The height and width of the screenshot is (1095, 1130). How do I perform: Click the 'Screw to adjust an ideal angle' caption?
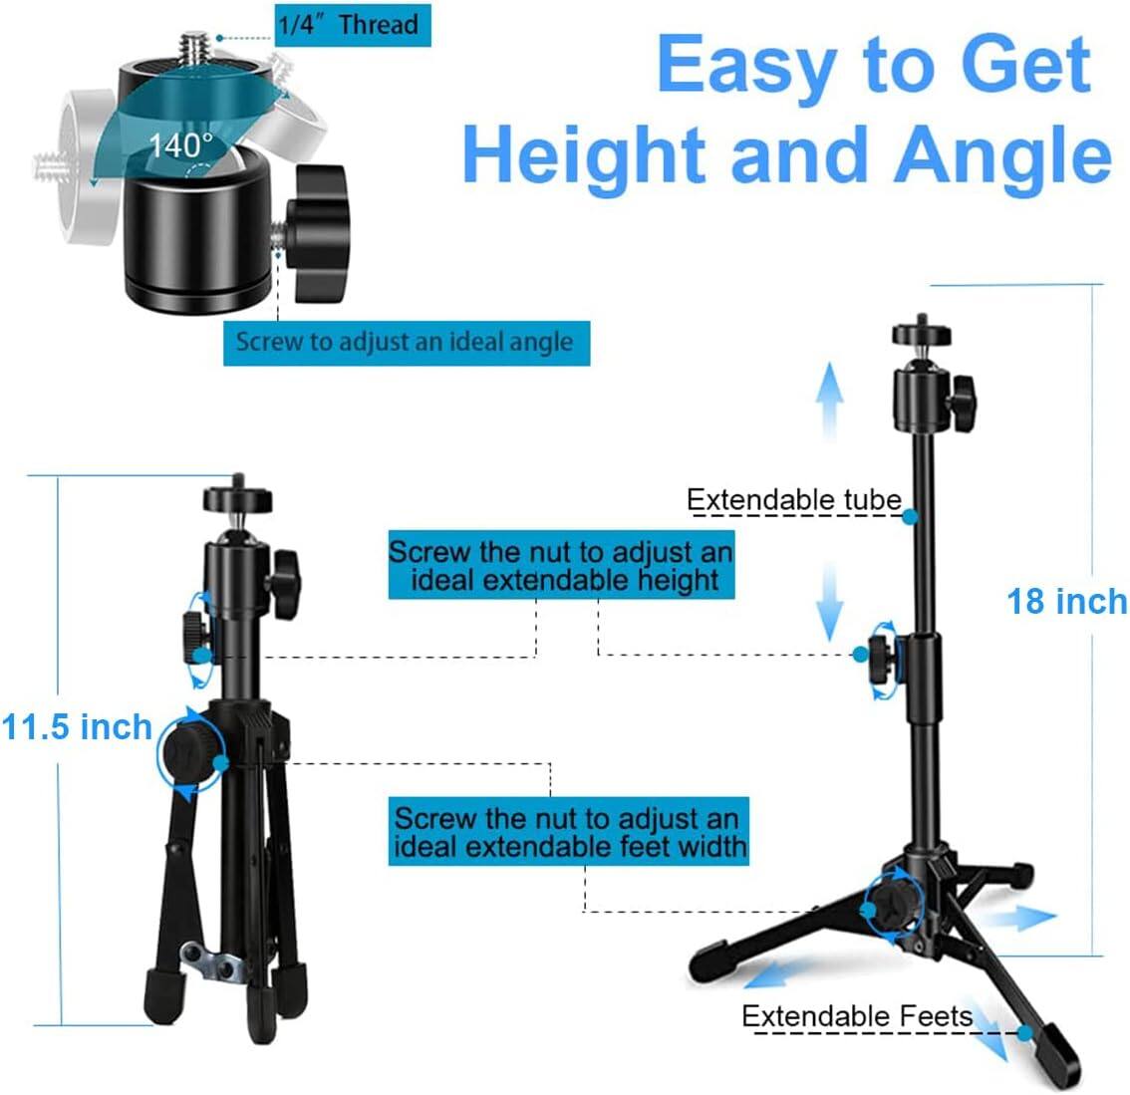405,343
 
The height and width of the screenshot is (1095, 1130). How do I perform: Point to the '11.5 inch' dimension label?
77,727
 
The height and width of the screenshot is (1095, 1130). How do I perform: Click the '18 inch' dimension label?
1066,602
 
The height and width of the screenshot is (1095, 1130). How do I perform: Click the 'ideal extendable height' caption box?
561,566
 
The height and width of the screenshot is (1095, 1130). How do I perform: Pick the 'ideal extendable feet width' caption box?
569,833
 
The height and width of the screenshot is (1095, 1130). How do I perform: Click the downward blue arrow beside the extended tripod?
828,603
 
